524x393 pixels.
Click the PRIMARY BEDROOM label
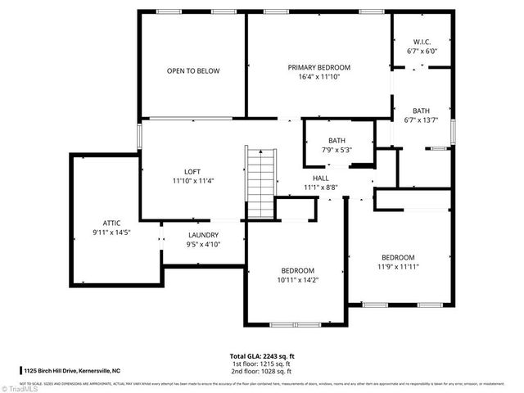(x=318, y=67)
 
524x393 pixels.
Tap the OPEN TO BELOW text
(x=193, y=71)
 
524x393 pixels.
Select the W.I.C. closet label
(x=422, y=42)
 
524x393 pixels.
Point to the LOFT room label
(x=192, y=171)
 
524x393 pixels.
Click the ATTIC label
(x=111, y=223)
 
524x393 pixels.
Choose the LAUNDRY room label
(x=203, y=234)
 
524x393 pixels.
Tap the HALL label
(x=320, y=178)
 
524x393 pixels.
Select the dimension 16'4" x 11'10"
(x=318, y=77)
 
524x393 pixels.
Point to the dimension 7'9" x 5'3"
(x=337, y=150)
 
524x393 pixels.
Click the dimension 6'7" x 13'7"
(x=422, y=120)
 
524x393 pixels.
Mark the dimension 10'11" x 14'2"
(x=298, y=280)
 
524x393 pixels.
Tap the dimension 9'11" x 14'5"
(x=111, y=233)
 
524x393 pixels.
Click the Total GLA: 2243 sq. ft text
(x=262, y=356)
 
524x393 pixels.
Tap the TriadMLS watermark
(x=22, y=386)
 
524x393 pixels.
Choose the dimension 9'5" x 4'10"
(x=203, y=244)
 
